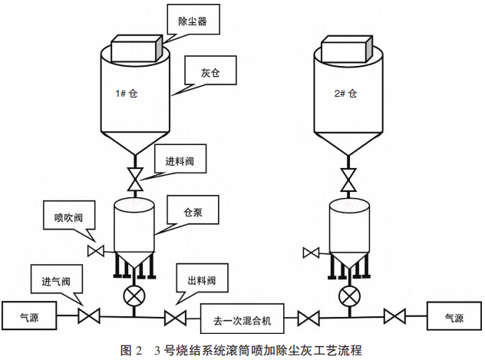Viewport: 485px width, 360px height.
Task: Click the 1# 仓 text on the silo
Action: (127, 94)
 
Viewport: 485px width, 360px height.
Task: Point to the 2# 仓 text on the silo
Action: (347, 94)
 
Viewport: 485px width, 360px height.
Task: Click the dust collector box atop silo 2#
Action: (348, 51)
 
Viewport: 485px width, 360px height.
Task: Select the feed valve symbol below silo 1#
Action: (135, 180)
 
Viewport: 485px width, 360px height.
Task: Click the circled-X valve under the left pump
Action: (135, 295)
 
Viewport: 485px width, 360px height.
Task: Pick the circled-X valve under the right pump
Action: (350, 295)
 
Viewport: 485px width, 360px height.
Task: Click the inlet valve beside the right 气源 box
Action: (394, 315)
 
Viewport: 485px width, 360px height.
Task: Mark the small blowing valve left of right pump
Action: (312, 252)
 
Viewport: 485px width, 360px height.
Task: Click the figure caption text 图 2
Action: (131, 350)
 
